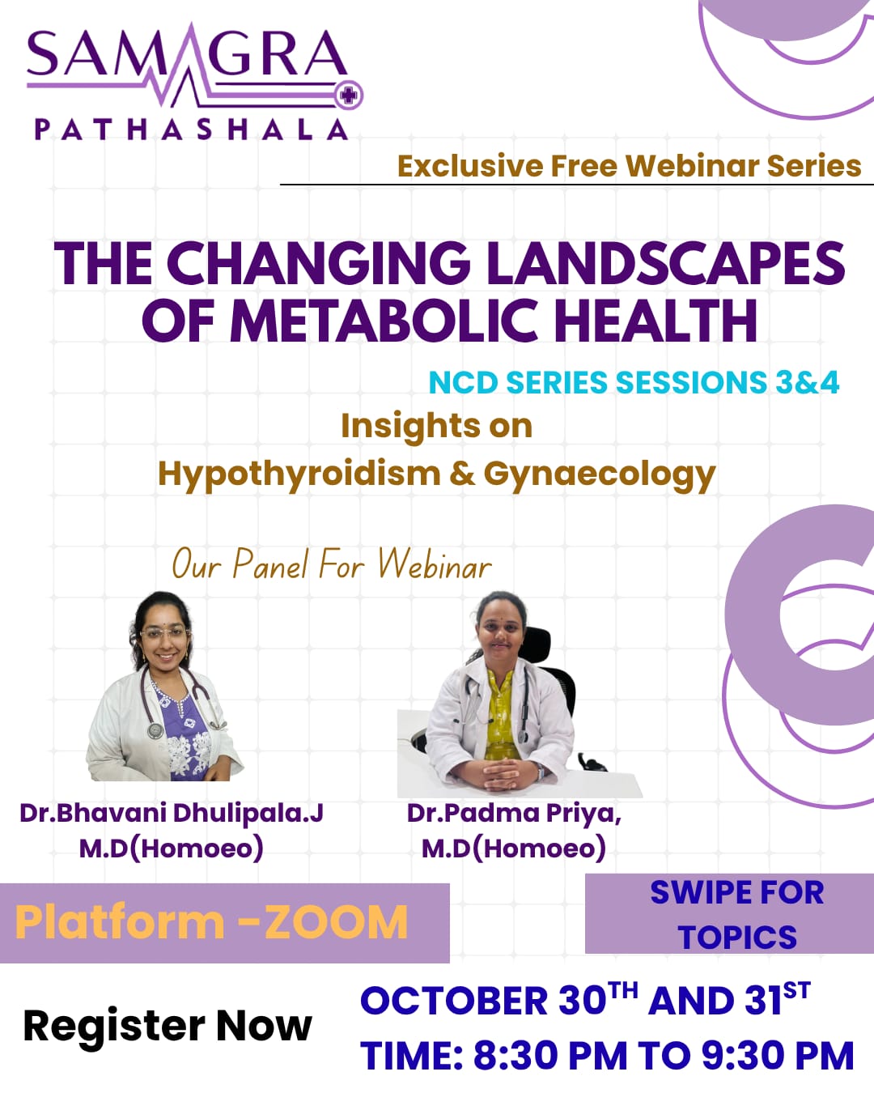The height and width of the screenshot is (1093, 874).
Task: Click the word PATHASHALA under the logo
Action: click(x=192, y=130)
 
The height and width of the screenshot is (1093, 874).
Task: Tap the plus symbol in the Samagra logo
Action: click(x=348, y=95)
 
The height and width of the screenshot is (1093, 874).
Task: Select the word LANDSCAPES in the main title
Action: click(x=666, y=263)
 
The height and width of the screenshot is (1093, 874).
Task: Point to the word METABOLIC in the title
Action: click(x=386, y=321)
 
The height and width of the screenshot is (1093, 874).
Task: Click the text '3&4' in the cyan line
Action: click(x=807, y=382)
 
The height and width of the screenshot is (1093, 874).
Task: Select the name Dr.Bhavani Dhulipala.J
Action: click(x=171, y=814)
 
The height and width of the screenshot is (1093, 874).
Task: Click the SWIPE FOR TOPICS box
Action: click(x=729, y=914)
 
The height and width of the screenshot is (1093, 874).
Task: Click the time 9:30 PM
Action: click(x=778, y=1057)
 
